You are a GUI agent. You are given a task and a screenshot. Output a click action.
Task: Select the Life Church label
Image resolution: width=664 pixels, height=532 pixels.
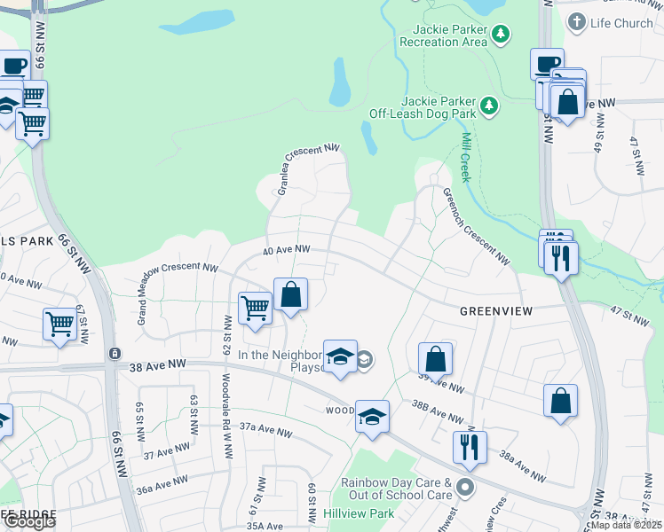click(x=621, y=22)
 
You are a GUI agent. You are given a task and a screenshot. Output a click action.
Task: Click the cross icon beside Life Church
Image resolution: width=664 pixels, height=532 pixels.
click(x=577, y=22)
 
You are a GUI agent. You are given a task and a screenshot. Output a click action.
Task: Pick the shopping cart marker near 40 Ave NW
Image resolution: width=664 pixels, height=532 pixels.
click(x=256, y=309)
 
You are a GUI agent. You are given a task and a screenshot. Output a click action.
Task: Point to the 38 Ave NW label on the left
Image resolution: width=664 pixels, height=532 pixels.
click(x=157, y=364)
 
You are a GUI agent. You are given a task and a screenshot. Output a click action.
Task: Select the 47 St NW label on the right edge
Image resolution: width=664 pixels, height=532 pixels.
click(x=630, y=315)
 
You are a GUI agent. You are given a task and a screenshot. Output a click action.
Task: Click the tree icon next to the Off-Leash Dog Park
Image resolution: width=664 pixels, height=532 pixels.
click(x=488, y=107)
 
